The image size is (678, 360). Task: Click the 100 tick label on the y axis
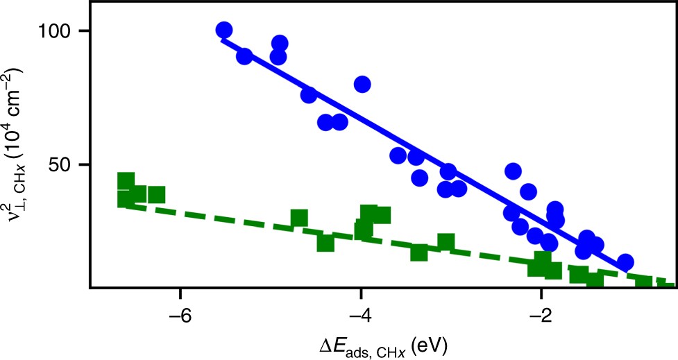click(x=58, y=32)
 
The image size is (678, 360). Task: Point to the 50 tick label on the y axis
click(x=65, y=165)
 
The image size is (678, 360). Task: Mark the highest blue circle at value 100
click(x=223, y=31)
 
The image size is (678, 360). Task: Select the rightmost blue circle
click(x=625, y=262)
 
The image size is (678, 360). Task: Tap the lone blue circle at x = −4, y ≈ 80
click(x=362, y=84)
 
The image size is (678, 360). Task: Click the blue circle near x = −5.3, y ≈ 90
click(x=244, y=56)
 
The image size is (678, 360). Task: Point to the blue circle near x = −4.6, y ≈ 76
click(x=309, y=95)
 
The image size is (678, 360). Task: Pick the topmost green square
click(x=126, y=180)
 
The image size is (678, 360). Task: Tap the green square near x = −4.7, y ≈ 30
click(x=299, y=218)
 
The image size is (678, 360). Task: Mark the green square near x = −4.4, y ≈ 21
click(x=325, y=243)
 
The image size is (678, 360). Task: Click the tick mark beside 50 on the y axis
click(x=87, y=165)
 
